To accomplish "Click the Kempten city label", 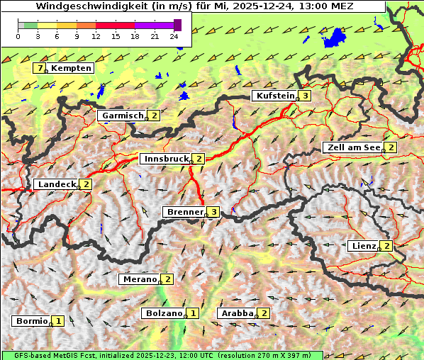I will [71, 68].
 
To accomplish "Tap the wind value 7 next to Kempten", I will [40, 68].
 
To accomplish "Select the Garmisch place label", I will [123, 115].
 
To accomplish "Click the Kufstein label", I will [274, 96].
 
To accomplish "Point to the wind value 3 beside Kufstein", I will [305, 96].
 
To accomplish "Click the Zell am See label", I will [352, 147].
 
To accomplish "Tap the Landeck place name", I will [56, 184].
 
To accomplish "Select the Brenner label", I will [184, 212].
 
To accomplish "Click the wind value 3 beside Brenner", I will [213, 212].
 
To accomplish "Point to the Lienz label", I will [363, 246].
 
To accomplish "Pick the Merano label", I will [138, 279].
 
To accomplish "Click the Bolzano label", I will [164, 313].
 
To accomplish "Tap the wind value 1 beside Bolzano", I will [194, 313].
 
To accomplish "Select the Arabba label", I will [237, 313].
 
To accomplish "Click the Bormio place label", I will [31, 320].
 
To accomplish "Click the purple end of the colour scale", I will [177, 25].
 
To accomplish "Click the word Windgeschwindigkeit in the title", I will [95, 6].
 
